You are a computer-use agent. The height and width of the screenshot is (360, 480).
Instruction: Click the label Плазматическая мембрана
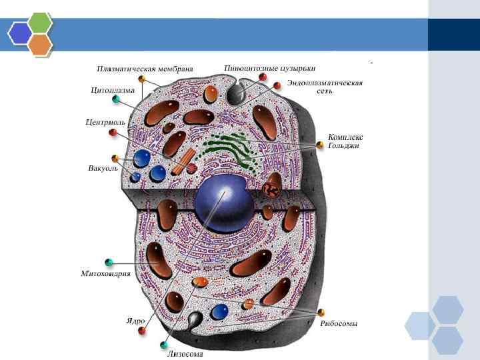pyautogui.click(x=145, y=68)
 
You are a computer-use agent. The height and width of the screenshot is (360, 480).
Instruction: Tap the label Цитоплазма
pyautogui.click(x=113, y=89)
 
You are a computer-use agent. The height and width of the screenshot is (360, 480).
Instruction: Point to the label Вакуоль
pyautogui.click(x=103, y=167)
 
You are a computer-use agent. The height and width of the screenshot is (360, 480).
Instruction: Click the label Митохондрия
pyautogui.click(x=105, y=273)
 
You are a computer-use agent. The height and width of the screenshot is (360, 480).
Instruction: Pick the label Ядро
pyautogui.click(x=135, y=321)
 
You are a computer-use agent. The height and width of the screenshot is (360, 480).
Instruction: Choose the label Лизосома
pyautogui.click(x=185, y=354)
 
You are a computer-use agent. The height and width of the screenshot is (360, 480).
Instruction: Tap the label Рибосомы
pyautogui.click(x=339, y=324)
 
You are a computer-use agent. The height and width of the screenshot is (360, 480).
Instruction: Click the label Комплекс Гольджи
pyautogui.click(x=345, y=141)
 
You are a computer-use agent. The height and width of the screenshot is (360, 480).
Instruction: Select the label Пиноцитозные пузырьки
pyautogui.click(x=270, y=68)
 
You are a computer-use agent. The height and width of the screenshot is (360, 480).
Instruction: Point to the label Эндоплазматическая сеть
pyautogui.click(x=325, y=87)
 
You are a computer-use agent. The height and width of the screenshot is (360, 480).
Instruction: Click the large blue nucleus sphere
pyautogui.click(x=223, y=203)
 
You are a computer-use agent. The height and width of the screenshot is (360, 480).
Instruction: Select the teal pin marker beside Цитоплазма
pyautogui.click(x=117, y=99)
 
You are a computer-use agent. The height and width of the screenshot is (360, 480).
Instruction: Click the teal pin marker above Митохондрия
pyautogui.click(x=109, y=261)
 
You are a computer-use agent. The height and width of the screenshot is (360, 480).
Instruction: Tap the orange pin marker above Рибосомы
pyautogui.click(x=321, y=312)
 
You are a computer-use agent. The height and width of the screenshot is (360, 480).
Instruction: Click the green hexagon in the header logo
pyautogui.click(x=41, y=23)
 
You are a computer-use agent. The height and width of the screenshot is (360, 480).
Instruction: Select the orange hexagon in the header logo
pyautogui.click(x=41, y=44)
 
